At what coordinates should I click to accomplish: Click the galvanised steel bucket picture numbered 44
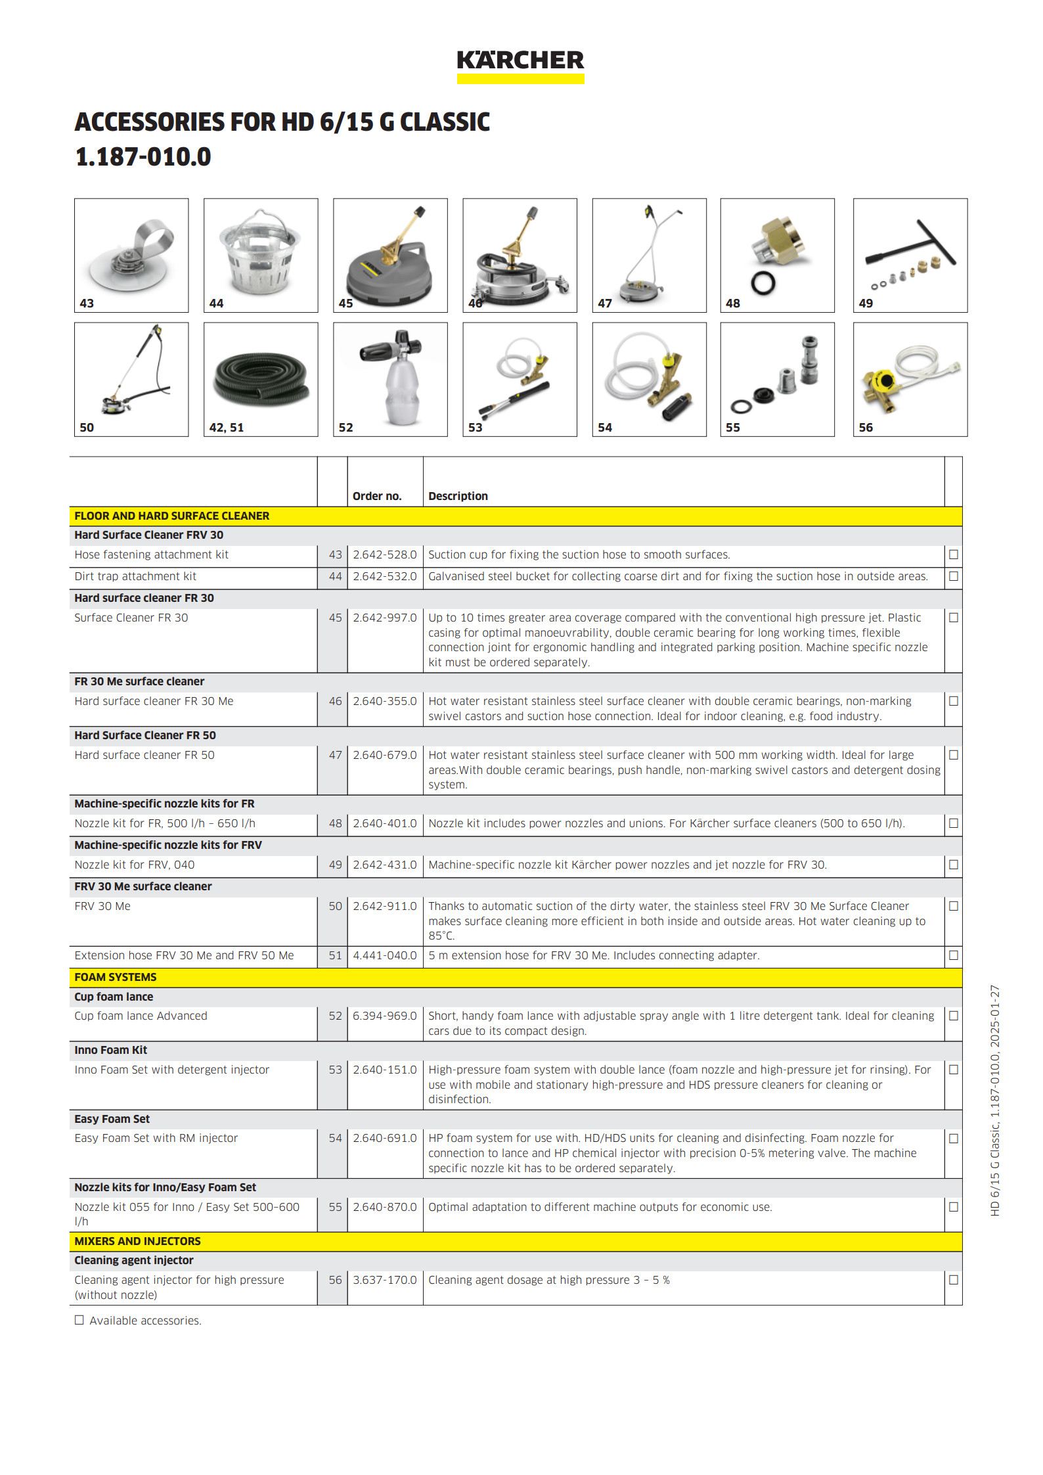(x=260, y=253)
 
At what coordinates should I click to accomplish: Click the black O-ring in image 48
(x=763, y=283)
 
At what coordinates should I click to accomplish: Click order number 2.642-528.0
(x=384, y=555)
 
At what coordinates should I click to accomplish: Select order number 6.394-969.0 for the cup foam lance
(x=384, y=1016)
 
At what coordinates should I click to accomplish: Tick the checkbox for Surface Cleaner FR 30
(x=953, y=618)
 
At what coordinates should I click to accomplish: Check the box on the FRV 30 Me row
(x=953, y=906)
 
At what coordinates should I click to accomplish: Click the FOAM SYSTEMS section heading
(x=116, y=977)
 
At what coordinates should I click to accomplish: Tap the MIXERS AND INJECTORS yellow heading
(x=137, y=1241)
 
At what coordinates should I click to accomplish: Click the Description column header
(x=458, y=496)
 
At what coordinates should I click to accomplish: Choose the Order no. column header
(x=377, y=496)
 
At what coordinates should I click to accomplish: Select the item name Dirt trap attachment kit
(x=135, y=576)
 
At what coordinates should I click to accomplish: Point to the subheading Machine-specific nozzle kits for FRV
(x=168, y=845)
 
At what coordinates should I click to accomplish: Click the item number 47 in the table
(x=335, y=755)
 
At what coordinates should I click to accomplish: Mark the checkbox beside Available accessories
(x=79, y=1320)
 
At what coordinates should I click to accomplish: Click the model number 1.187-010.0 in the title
(x=143, y=157)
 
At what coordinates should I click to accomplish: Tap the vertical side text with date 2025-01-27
(x=994, y=1100)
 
